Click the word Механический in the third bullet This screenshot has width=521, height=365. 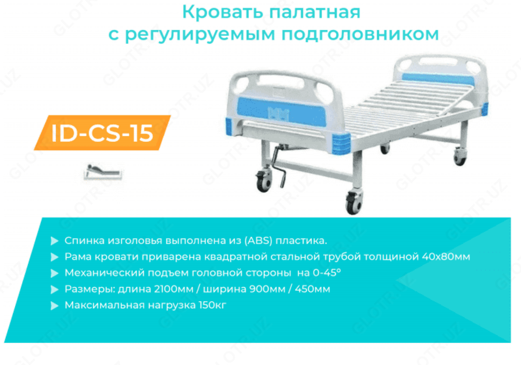pyautogui.click(x=96, y=272)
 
